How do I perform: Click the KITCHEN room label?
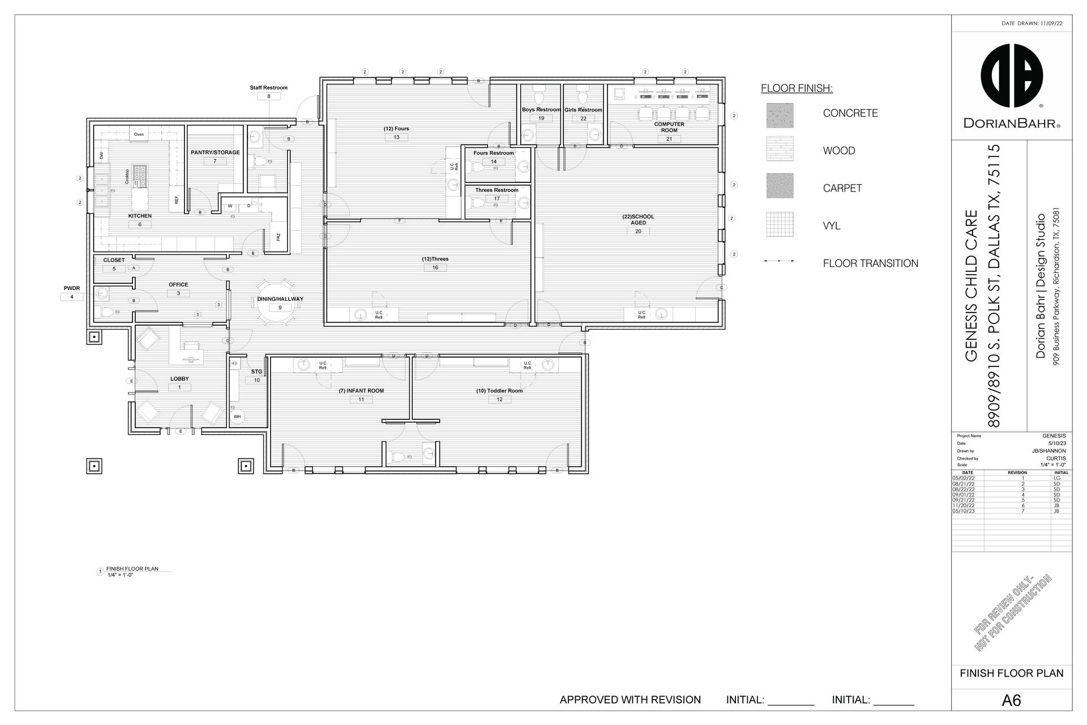pos(140,216)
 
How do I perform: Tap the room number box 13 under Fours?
pos(396,137)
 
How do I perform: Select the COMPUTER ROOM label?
pos(669,127)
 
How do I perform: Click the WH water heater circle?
pos(237,416)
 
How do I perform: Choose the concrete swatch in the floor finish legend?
pos(780,115)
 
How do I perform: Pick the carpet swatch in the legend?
pos(780,186)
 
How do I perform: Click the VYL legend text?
pos(831,226)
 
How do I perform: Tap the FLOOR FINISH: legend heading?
pos(797,88)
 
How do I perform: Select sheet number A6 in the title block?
pos(1011,701)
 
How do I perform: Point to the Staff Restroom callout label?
pos(268,88)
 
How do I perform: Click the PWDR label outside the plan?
pos(71,288)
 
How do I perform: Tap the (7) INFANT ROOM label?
pos(361,391)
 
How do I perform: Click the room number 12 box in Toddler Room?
pos(499,399)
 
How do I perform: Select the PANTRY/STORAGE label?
pos(215,152)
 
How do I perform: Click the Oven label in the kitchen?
pos(139,134)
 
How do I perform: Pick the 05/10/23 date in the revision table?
pos(964,511)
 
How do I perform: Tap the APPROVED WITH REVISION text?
pos(630,700)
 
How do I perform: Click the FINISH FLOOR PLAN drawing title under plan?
pos(132,569)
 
